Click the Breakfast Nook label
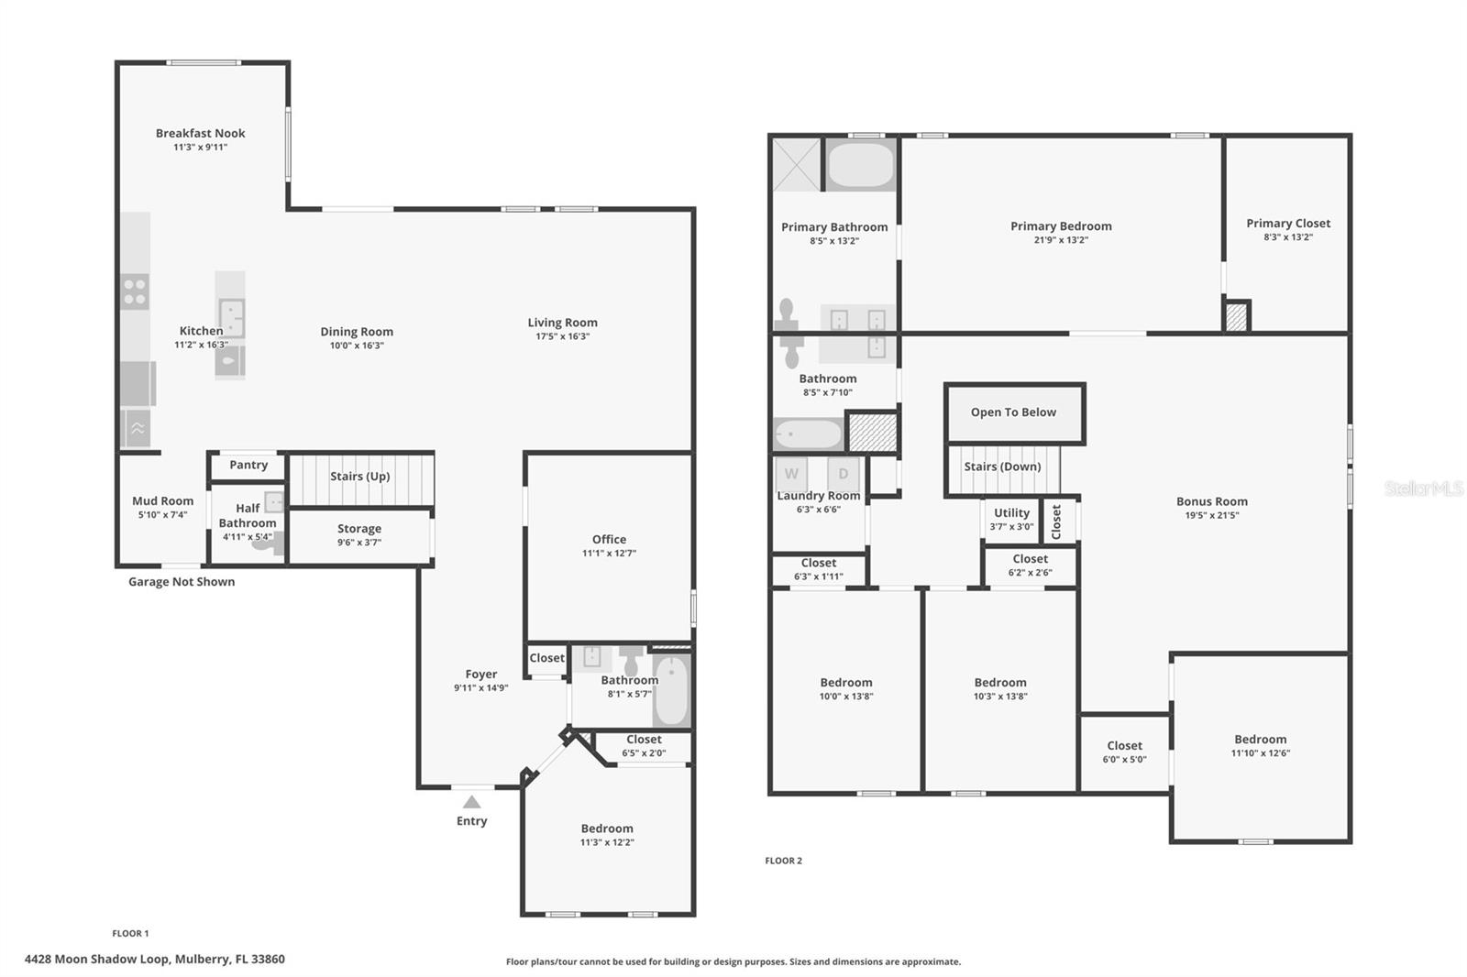pyautogui.click(x=201, y=133)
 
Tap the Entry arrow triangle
pyautogui.click(x=471, y=802)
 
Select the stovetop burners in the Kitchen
pyautogui.click(x=135, y=291)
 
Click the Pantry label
pyautogui.click(x=248, y=465)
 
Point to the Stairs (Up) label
pyautogui.click(x=359, y=476)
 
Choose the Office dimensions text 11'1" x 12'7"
pyautogui.click(x=609, y=554)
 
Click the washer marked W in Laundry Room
pyautogui.click(x=791, y=474)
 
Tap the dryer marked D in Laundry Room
pyautogui.click(x=843, y=474)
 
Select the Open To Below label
pyautogui.click(x=1013, y=412)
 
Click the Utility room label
pyautogui.click(x=1012, y=512)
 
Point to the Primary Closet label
pyautogui.click(x=1288, y=224)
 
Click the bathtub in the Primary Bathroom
pyautogui.click(x=861, y=164)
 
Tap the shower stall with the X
pyautogui.click(x=797, y=164)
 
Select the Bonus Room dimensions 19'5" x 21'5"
pyautogui.click(x=1211, y=515)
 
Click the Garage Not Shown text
pyautogui.click(x=182, y=581)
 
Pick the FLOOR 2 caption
pyautogui.click(x=783, y=861)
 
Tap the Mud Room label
pyautogui.click(x=162, y=501)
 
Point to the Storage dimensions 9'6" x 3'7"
pyautogui.click(x=358, y=543)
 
